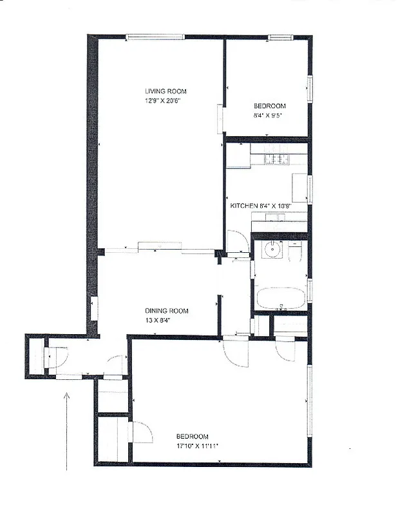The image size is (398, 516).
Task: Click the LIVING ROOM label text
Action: [x=166, y=92]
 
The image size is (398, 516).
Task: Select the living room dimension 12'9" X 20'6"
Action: [x=166, y=101]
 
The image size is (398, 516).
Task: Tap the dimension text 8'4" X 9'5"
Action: [x=269, y=115]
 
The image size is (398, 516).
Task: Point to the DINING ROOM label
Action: [x=166, y=310]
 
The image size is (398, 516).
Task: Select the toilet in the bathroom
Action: [x=296, y=251]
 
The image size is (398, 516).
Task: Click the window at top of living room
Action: [x=150, y=37]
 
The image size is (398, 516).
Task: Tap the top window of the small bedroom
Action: [x=280, y=37]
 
